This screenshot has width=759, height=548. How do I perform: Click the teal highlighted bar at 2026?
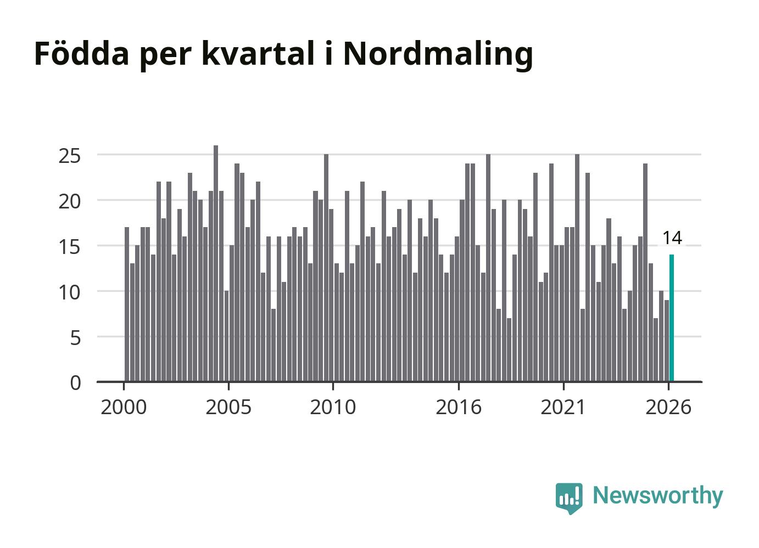pyautogui.click(x=671, y=318)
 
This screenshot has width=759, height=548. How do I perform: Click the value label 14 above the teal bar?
pyautogui.click(x=672, y=238)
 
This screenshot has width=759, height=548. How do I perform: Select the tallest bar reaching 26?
pyautogui.click(x=216, y=264)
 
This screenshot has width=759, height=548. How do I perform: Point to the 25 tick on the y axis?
pyautogui.click(x=70, y=156)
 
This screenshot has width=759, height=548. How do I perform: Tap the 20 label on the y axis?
pyautogui.click(x=70, y=202)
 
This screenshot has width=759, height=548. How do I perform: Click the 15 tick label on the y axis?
pyautogui.click(x=70, y=247)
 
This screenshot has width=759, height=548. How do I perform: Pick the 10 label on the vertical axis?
pyautogui.click(x=70, y=293)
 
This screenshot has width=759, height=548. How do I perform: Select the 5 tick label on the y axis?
pyautogui.click(x=76, y=338)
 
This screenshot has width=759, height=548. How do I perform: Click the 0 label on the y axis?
pyautogui.click(x=76, y=384)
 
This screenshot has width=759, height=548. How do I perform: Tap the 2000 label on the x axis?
pyautogui.click(x=124, y=407)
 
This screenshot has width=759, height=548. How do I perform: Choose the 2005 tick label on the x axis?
pyautogui.click(x=228, y=407)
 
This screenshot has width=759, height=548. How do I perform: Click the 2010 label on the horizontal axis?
pyautogui.click(x=333, y=407)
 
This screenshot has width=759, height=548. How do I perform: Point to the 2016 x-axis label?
pyautogui.click(x=459, y=407)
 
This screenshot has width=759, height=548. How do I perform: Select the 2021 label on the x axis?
pyautogui.click(x=563, y=407)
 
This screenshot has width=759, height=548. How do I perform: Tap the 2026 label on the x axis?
pyautogui.click(x=668, y=407)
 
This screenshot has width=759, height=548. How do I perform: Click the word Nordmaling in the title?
pyautogui.click(x=438, y=55)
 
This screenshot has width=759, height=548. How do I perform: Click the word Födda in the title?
pyautogui.click(x=81, y=53)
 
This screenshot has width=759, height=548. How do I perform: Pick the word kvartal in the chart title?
pyautogui.click(x=259, y=53)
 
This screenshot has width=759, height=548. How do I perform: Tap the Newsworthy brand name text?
pyautogui.click(x=658, y=496)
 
